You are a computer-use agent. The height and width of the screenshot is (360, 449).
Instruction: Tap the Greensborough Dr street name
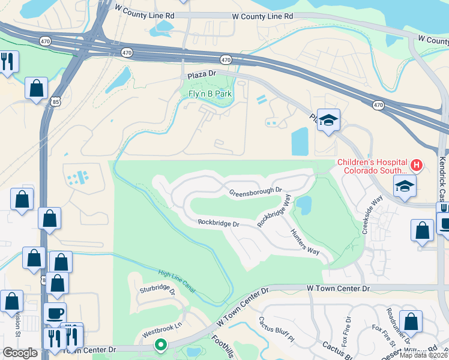click(x=256, y=191)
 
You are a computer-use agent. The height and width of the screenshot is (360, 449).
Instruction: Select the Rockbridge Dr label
click(x=219, y=223)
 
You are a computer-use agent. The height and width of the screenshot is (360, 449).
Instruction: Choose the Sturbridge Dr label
click(x=157, y=291)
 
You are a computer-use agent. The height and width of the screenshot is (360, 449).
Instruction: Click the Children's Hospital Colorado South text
click(x=372, y=166)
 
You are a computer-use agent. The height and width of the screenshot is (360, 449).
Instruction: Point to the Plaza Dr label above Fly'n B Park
click(x=201, y=74)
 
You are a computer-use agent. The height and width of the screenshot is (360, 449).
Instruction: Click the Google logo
click(x=20, y=352)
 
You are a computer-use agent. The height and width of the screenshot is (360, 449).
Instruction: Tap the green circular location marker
click(x=160, y=345)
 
